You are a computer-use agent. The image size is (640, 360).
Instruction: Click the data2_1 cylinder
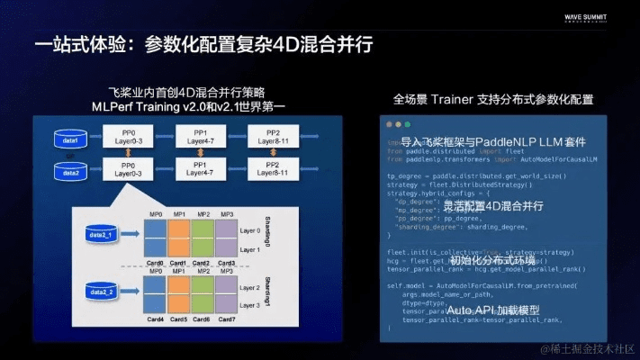101,233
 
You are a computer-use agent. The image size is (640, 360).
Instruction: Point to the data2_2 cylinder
101,290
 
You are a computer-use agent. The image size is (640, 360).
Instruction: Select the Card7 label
227,319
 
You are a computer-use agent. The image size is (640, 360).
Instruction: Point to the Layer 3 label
251,306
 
